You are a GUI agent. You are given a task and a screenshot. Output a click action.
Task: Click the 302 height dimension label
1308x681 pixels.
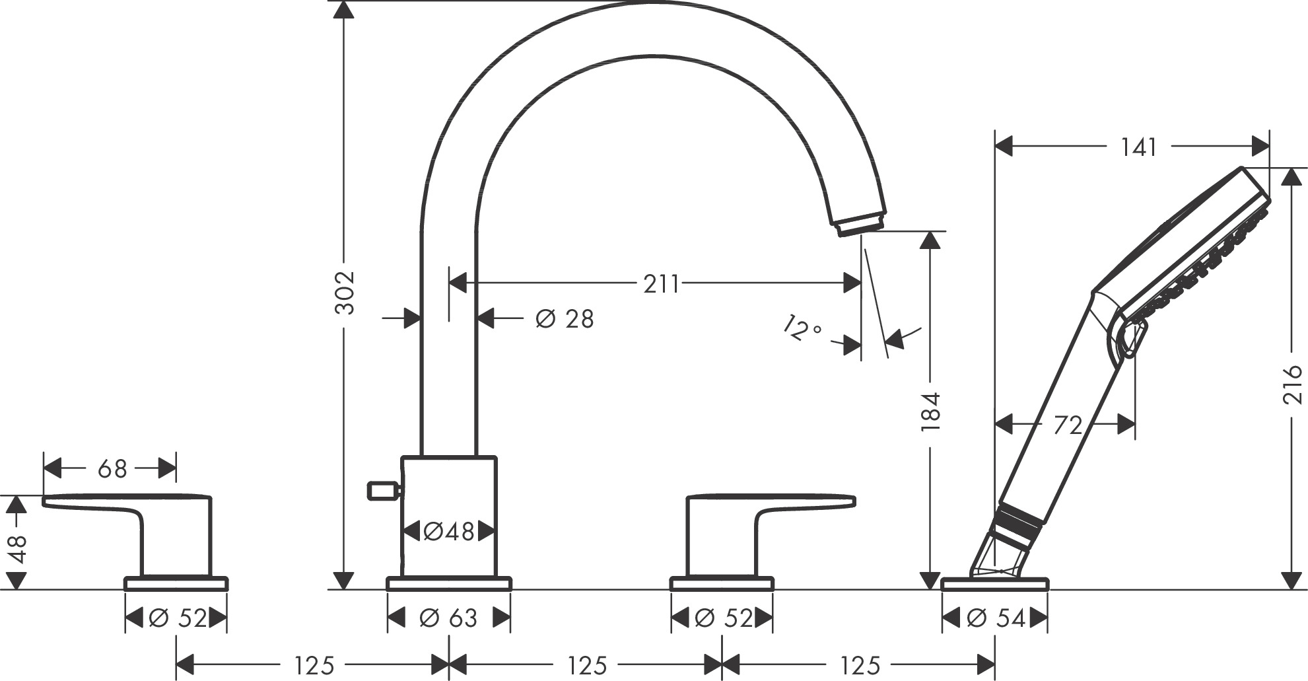(345, 293)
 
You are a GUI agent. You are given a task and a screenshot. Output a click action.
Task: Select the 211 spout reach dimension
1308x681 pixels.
(661, 284)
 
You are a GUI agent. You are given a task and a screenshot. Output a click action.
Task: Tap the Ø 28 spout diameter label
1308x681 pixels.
(565, 319)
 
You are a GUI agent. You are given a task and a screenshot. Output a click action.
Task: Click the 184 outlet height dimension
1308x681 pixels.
(930, 412)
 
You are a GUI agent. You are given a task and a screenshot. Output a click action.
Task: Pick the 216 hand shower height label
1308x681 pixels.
(1292, 384)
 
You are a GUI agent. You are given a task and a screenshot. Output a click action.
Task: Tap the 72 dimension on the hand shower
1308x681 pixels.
(1068, 425)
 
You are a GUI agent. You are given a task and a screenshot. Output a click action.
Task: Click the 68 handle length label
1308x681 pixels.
(112, 470)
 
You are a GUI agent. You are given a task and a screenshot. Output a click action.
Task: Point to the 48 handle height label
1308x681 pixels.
(17, 548)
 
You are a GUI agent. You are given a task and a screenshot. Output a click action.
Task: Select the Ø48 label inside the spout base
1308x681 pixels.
(449, 531)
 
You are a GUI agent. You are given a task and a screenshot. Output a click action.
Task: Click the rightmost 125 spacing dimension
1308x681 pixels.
(860, 665)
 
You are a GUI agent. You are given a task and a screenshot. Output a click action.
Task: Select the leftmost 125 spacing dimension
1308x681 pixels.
(314, 665)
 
